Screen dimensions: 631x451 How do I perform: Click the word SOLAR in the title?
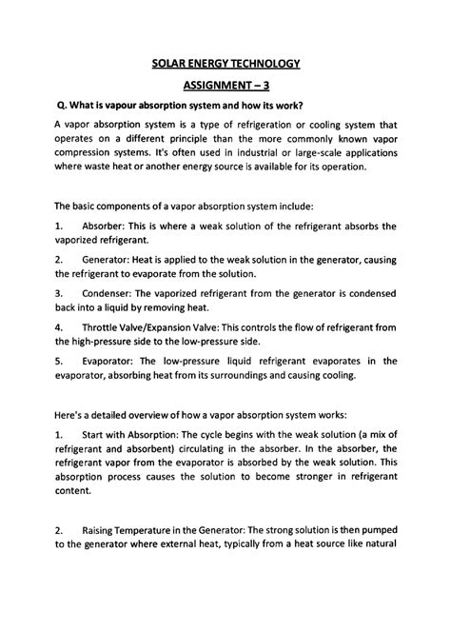point(170,65)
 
